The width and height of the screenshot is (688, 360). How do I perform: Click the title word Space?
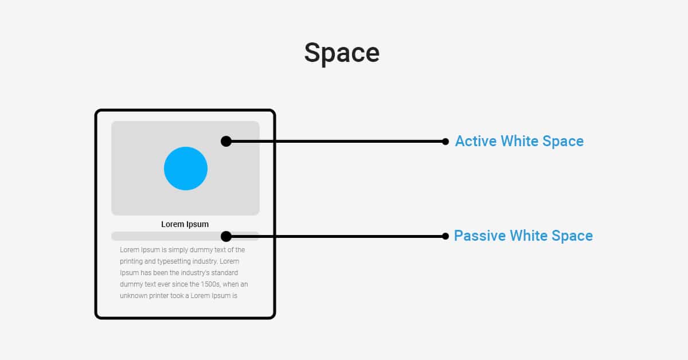click(342, 53)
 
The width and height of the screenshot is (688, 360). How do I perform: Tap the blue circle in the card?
click(186, 169)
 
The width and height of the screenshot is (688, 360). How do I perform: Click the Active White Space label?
click(519, 141)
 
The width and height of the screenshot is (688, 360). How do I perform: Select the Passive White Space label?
click(523, 236)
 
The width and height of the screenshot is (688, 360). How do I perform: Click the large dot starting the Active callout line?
click(226, 141)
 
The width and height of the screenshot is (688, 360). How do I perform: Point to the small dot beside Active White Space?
click(445, 142)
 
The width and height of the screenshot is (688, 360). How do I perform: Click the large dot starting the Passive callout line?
click(226, 237)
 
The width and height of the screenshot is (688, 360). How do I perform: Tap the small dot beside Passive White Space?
click(445, 236)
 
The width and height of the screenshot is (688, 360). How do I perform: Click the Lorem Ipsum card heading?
click(185, 225)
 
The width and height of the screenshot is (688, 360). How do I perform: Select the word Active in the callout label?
click(476, 141)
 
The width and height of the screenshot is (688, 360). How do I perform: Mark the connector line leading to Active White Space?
click(336, 142)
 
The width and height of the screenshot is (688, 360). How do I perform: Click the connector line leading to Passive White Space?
click(336, 237)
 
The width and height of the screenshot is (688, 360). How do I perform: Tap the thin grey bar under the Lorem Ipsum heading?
click(185, 236)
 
